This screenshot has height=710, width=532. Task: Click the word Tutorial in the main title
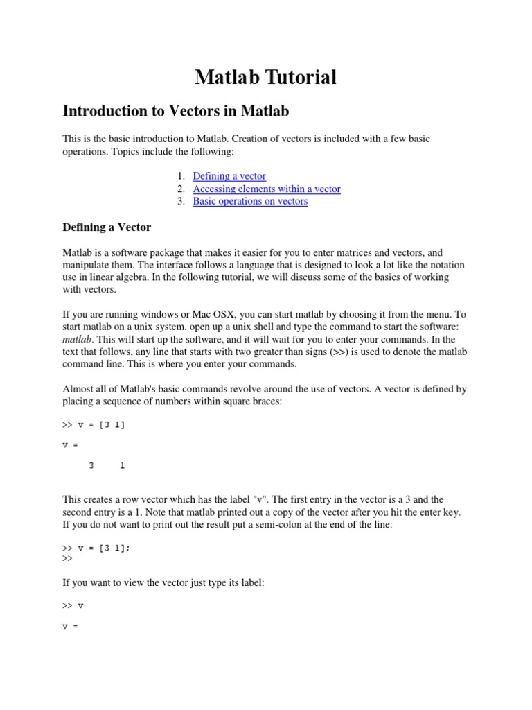(x=300, y=77)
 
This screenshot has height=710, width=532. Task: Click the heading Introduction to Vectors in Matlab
(x=176, y=111)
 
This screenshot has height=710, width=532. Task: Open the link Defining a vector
(x=229, y=176)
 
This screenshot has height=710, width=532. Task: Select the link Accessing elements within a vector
(x=267, y=189)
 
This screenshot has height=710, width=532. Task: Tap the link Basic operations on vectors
(x=250, y=201)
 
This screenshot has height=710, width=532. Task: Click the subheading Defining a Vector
(x=107, y=227)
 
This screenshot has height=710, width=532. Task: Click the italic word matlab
(x=77, y=339)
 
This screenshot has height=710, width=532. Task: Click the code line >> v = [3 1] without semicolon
(x=94, y=425)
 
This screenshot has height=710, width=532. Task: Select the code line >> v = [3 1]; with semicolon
(x=96, y=548)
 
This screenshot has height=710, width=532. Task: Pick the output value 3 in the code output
(x=91, y=466)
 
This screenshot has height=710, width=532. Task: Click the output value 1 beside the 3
(x=123, y=466)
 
